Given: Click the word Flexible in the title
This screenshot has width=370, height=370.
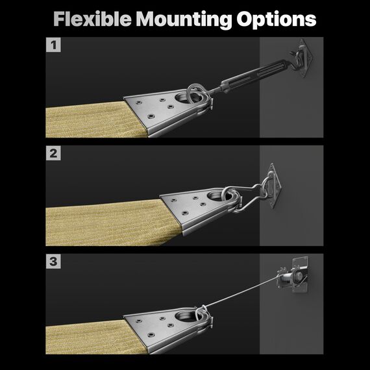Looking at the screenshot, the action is coord(92,19).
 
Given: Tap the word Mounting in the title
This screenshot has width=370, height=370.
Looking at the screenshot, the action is coord(184,20).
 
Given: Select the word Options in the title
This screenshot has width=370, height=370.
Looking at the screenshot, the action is coord(276,20).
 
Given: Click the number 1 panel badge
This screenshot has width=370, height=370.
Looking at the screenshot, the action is coord(53,45).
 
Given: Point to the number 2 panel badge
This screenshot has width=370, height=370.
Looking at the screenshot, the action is coord(53,153).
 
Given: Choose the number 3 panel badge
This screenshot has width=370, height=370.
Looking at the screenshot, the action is coord(53,262).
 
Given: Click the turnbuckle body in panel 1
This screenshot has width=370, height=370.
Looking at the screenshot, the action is coord(255,73).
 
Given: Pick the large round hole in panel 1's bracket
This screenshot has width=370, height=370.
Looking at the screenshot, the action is coord(184,97).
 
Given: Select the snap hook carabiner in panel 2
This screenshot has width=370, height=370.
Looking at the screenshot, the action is coord(248,197).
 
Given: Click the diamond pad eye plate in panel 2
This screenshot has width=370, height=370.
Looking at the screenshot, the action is coord(274,186).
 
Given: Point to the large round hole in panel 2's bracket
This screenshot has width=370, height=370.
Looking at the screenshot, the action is coord(216,196).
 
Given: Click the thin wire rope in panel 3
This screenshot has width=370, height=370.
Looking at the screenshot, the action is coord(241,292).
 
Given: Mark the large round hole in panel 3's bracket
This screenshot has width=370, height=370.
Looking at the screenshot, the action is coord(184,315).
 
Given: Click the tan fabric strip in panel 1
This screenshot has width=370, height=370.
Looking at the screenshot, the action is coord(94,120).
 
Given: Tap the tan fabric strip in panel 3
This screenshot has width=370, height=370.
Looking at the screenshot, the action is coord(94,337).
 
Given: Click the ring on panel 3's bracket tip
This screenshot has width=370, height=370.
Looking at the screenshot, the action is coord(203,314).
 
